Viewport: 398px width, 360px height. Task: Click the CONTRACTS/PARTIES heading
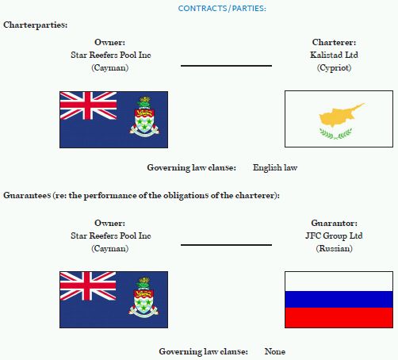pyautogui.click(x=222, y=9)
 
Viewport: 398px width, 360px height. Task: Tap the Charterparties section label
pyautogui.click(x=36, y=25)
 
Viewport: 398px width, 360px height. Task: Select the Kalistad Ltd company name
pyautogui.click(x=334, y=55)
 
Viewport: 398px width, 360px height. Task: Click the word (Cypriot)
pyautogui.click(x=334, y=68)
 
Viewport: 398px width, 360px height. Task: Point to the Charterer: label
pyautogui.click(x=334, y=42)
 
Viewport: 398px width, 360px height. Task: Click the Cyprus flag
pyautogui.click(x=339, y=119)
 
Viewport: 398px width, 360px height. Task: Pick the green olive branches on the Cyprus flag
pyautogui.click(x=336, y=133)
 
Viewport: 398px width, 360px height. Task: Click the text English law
pyautogui.click(x=275, y=167)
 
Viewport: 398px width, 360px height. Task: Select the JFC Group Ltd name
pyautogui.click(x=334, y=236)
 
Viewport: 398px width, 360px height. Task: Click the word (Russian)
pyautogui.click(x=334, y=249)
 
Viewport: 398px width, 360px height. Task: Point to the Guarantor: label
pyautogui.click(x=334, y=223)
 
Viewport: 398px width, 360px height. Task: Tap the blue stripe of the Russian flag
pyautogui.click(x=339, y=300)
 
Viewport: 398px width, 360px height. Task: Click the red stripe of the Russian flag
pyautogui.click(x=339, y=317)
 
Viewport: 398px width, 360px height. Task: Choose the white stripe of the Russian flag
pyautogui.click(x=339, y=281)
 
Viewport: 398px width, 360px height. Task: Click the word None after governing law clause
pyautogui.click(x=275, y=351)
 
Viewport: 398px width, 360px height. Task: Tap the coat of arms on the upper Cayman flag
pyautogui.click(x=144, y=117)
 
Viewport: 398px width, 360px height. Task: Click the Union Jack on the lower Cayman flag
pyautogui.click(x=88, y=286)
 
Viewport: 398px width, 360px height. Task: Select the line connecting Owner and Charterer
pyautogui.click(x=226, y=66)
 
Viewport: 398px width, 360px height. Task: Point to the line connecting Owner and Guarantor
pyautogui.click(x=226, y=245)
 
